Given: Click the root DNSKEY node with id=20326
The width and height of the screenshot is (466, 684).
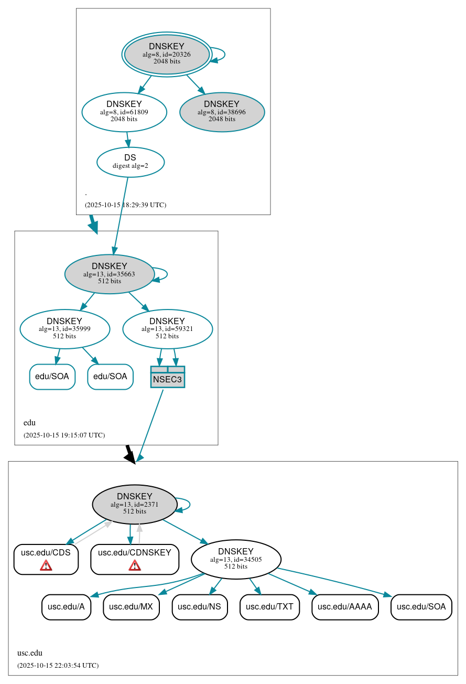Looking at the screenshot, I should click(167, 54).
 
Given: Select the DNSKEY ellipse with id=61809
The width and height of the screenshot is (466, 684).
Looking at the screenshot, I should click(124, 112).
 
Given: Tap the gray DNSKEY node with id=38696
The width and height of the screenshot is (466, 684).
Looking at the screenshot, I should click(222, 112).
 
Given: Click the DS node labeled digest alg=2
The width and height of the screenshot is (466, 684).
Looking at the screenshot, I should click(131, 162).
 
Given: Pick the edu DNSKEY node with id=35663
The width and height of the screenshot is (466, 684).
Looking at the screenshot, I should click(110, 274).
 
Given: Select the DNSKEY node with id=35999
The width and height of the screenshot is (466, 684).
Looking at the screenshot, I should click(64, 329).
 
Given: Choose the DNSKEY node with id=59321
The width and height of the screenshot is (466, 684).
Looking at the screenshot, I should click(167, 329).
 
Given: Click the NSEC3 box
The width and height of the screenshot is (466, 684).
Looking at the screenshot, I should click(167, 377).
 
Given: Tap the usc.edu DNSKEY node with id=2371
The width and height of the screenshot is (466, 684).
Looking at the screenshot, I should click(135, 504).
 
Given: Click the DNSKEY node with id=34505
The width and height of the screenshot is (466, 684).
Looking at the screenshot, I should click(236, 559).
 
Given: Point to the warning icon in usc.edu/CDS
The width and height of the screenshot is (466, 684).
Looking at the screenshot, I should click(46, 565).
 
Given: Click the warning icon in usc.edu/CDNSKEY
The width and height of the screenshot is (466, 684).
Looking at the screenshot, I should click(135, 565).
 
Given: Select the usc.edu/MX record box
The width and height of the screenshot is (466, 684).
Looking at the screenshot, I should click(131, 607).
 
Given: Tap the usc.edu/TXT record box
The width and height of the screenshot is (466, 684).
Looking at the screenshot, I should click(269, 607).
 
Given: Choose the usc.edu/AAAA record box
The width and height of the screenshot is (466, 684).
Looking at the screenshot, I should click(345, 607).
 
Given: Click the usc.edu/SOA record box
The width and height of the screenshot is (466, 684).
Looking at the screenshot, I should click(421, 607).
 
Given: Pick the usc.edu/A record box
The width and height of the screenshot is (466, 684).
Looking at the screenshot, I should click(66, 607).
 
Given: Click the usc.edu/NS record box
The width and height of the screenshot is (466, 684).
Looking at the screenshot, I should click(199, 607).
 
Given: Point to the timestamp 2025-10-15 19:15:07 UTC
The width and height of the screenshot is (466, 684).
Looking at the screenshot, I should click(64, 435).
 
